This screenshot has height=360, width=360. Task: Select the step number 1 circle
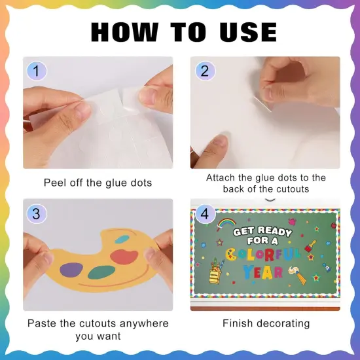(x=37, y=70)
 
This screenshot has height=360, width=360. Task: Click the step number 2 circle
(x=204, y=70)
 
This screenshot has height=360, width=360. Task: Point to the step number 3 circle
(x=37, y=213)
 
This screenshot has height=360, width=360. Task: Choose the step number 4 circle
(x=204, y=213)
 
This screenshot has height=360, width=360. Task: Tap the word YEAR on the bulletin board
(x=263, y=271)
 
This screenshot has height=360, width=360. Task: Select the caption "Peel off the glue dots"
(x=98, y=183)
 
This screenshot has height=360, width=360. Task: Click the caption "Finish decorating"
(x=266, y=323)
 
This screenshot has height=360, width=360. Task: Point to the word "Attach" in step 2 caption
(x=221, y=177)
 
